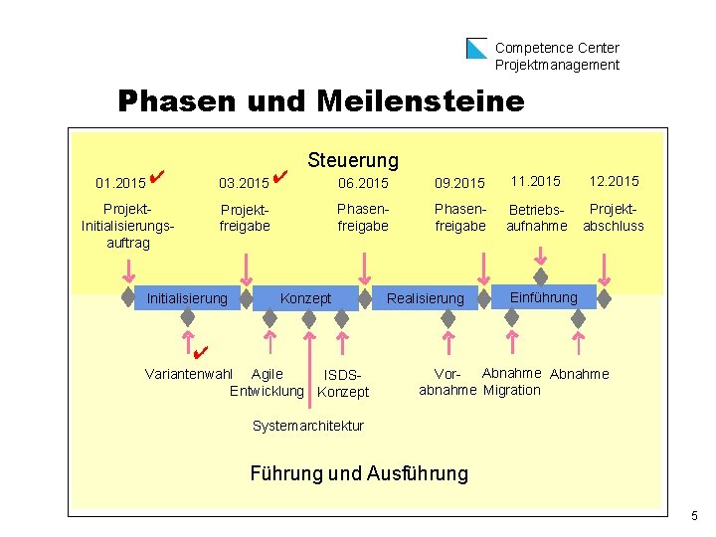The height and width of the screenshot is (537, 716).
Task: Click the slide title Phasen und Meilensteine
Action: (x=320, y=101)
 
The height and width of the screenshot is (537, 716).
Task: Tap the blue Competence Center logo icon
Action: (x=477, y=48)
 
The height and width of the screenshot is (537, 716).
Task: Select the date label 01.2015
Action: (x=119, y=183)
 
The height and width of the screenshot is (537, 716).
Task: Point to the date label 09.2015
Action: (x=459, y=183)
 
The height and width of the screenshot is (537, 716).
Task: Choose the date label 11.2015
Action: (x=536, y=181)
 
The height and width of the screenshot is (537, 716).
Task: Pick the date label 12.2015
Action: (x=614, y=181)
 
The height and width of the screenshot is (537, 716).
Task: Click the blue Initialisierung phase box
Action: (x=187, y=297)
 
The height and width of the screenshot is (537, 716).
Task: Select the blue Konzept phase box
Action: (x=305, y=298)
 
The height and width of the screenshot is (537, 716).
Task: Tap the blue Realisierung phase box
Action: (x=425, y=298)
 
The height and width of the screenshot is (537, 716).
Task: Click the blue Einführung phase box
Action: (x=543, y=297)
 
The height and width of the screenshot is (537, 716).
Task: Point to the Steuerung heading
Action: (x=353, y=160)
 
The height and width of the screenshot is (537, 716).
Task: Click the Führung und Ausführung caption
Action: (x=359, y=473)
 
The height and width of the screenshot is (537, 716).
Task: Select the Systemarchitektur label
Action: (x=308, y=426)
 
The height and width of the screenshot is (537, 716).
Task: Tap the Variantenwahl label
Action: (x=189, y=374)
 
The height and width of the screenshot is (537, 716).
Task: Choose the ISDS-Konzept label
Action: (x=342, y=384)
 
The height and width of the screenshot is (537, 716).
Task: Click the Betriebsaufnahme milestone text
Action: (x=536, y=218)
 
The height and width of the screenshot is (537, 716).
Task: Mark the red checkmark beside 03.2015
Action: (x=279, y=177)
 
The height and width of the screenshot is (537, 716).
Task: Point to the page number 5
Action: (x=694, y=516)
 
